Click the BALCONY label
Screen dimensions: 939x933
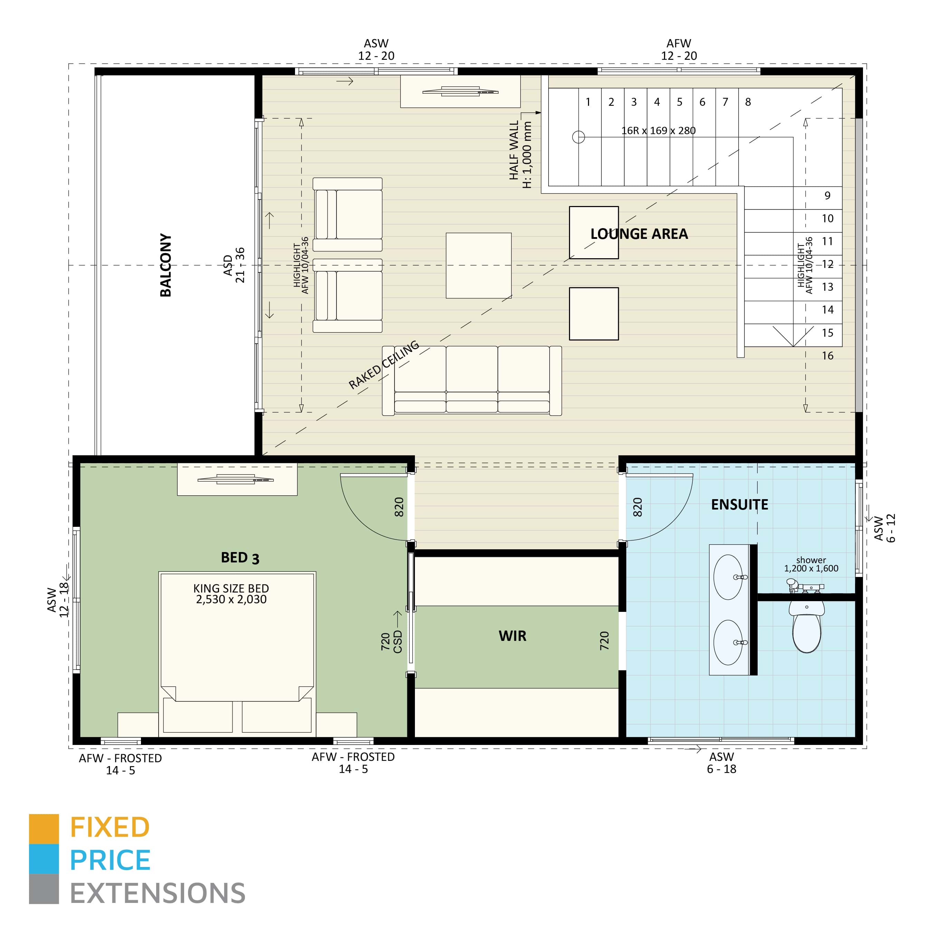tap(166, 265)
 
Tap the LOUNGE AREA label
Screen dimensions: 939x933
tap(639, 234)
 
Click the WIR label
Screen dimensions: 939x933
tap(512, 636)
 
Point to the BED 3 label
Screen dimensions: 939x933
tap(240, 558)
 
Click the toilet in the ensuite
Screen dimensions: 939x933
tap(806, 626)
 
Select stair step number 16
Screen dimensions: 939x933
tap(828, 356)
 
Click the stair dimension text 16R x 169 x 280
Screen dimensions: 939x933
tap(658, 130)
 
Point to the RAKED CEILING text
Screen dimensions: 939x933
tap(384, 365)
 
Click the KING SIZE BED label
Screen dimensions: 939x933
tap(231, 594)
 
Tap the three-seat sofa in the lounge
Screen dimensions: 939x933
tap(472, 380)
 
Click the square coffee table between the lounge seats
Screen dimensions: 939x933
tap(479, 265)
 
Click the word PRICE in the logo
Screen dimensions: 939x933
tap(110, 860)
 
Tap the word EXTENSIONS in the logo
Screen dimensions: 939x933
tap(158, 893)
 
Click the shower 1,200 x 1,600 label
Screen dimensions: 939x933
tap(811, 564)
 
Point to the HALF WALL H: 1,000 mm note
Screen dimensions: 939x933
tap(521, 154)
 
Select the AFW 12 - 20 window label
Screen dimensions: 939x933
tap(679, 50)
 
